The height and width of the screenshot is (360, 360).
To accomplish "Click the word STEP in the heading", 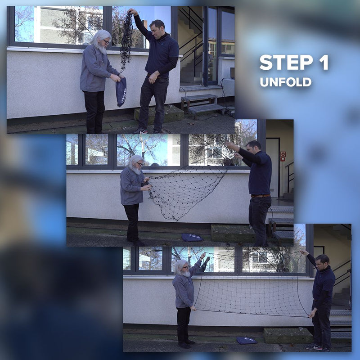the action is [x=286, y=63].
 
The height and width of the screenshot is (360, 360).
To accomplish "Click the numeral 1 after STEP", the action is [x=324, y=63].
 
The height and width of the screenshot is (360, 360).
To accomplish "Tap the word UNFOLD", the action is [x=286, y=82].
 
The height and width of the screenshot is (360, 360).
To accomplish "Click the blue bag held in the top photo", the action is [x=121, y=92].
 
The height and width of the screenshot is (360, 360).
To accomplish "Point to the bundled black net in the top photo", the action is [x=126, y=41].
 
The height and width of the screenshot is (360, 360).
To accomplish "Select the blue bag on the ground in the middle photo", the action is [x=192, y=238].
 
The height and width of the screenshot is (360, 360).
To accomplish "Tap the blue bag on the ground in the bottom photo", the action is [x=247, y=341].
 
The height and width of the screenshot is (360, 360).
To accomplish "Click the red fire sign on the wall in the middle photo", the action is [x=283, y=156].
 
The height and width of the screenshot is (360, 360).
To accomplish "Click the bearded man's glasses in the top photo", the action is [x=106, y=41].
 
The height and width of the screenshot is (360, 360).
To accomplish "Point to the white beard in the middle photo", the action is [x=137, y=171].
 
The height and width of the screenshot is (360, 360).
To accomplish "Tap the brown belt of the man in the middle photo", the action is [x=261, y=196].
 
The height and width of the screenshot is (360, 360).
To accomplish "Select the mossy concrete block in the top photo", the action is [x=158, y=114].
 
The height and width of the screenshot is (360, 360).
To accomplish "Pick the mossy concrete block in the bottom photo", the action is [x=288, y=335].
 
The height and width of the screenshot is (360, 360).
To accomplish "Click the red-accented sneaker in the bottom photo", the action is [x=314, y=347].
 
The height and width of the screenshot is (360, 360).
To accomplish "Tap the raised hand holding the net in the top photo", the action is [x=132, y=12].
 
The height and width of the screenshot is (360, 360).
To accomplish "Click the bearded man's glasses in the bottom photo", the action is [x=186, y=267].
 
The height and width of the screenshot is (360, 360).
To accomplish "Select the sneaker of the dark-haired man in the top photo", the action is [x=140, y=131].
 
